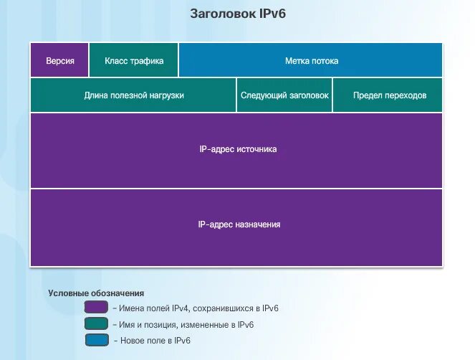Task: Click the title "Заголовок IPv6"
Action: pyautogui.click(x=236, y=14)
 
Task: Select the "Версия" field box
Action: pyautogui.click(x=59, y=60)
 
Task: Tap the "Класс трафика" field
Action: pyautogui.click(x=134, y=60)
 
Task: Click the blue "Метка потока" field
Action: pyautogui.click(x=311, y=60)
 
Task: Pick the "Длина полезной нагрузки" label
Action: pyautogui.click(x=134, y=95)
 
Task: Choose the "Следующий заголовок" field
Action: pyautogui.click(x=284, y=95)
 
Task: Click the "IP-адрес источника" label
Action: pyautogui.click(x=237, y=149)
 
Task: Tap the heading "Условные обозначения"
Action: pyautogui.click(x=96, y=293)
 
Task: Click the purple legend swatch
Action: pyautogui.click(x=96, y=308)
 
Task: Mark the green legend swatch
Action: pyautogui.click(x=96, y=324)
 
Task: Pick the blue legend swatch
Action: pyautogui.click(x=96, y=341)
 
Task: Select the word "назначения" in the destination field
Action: pyautogui.click(x=258, y=224)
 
